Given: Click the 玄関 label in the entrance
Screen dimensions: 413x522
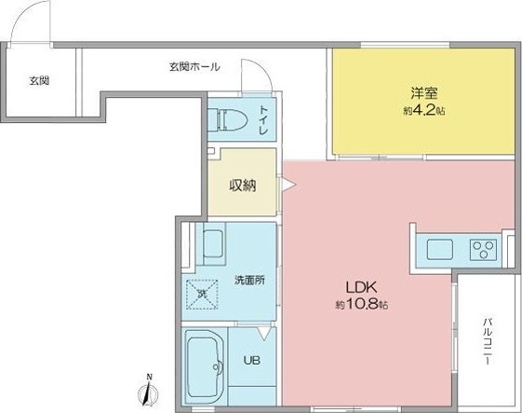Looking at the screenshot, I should (x=39, y=81).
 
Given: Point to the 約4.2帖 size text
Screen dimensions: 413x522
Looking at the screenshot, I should (x=424, y=110).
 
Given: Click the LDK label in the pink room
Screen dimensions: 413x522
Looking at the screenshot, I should (x=362, y=287).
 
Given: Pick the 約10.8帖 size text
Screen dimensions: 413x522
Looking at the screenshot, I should (x=362, y=305).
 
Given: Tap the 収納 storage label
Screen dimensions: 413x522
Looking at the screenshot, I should (x=243, y=185).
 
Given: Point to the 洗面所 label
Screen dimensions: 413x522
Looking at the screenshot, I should (x=248, y=280).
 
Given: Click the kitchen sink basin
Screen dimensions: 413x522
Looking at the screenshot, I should (x=438, y=249).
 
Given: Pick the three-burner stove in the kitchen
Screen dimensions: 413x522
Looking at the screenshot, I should (x=483, y=249).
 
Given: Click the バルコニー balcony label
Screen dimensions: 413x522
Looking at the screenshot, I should (x=487, y=342).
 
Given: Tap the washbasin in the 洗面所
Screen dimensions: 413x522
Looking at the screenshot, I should (x=214, y=246).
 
